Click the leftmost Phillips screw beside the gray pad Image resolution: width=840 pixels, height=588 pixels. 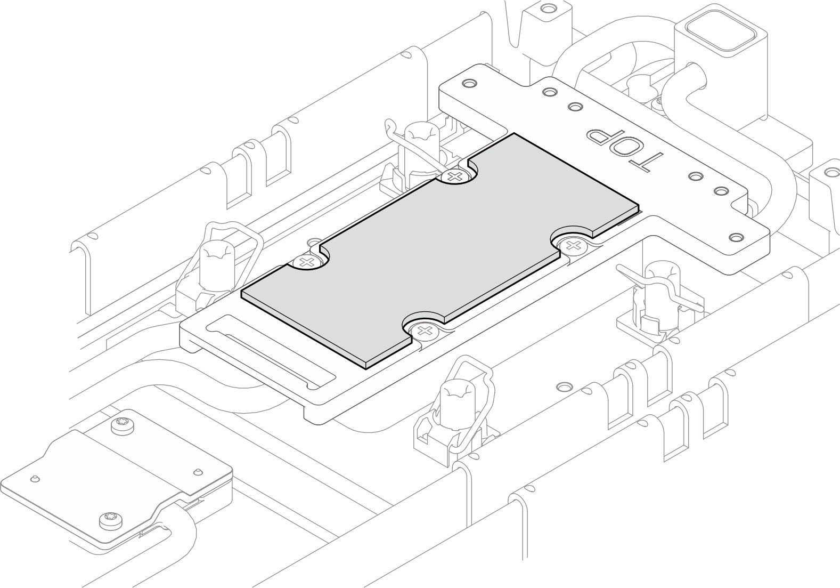pos(305,262)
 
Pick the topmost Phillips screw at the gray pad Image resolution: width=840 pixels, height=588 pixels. pos(454,175)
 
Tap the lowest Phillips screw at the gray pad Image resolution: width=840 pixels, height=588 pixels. pos(424,332)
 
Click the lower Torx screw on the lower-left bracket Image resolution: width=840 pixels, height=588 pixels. pos(108,519)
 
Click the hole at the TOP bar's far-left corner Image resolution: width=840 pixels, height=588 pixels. pos(468,84)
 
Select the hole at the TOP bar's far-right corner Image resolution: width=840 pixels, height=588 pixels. pos(736,237)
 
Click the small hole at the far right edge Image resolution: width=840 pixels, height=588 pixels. pos(831,172)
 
